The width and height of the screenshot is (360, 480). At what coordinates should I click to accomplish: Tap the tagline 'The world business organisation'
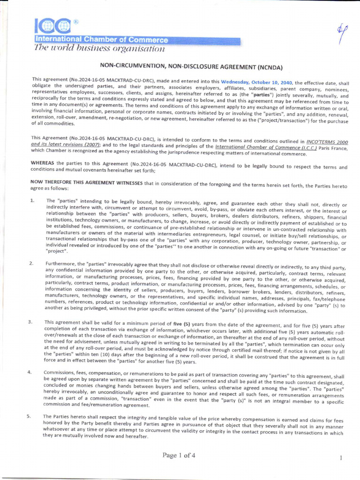click(x=99, y=48)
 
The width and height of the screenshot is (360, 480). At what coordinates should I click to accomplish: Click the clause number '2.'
click(x=31, y=264)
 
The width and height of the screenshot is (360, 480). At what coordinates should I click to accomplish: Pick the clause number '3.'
click(x=30, y=322)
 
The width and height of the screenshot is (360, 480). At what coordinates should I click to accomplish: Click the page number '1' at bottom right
click(x=341, y=458)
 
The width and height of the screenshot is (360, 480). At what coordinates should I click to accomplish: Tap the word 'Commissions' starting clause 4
click(x=60, y=373)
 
